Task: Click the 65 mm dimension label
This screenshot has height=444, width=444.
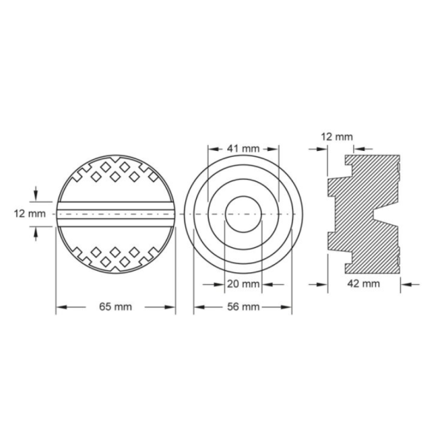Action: click(x=115, y=306)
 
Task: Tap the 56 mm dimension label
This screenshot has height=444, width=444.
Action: click(x=243, y=306)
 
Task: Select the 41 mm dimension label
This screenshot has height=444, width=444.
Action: click(x=243, y=149)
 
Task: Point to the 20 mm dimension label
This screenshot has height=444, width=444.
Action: click(x=243, y=283)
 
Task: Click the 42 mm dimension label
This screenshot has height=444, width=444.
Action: click(x=363, y=283)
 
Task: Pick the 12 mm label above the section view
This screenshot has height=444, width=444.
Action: click(x=337, y=137)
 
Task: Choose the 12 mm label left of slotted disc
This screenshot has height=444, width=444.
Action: click(x=30, y=214)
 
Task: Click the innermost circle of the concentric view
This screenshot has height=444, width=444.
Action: click(x=243, y=196)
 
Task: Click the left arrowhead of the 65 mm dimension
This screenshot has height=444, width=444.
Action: click(x=61, y=307)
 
